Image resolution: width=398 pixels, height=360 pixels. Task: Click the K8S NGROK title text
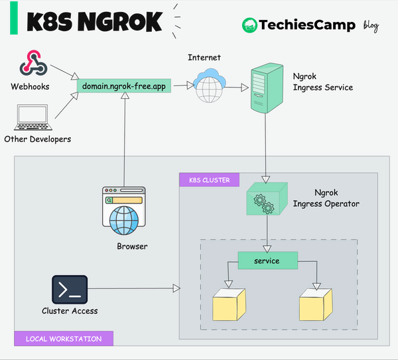click(94, 22)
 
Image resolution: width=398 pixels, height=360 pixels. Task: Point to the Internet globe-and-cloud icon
click(210, 85)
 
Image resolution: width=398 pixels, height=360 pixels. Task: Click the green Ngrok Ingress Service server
click(264, 88)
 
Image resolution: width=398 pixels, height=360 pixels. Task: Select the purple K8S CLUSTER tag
click(209, 180)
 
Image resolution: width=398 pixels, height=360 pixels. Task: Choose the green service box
click(267, 261)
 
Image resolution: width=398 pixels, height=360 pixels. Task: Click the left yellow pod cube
click(229, 303)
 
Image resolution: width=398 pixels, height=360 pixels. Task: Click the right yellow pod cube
click(316, 303)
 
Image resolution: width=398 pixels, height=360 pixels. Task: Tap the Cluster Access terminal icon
click(70, 289)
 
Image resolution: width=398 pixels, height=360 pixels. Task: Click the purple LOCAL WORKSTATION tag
click(64, 339)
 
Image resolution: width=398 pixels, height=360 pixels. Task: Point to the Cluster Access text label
click(70, 311)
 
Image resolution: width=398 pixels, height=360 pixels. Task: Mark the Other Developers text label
click(37, 139)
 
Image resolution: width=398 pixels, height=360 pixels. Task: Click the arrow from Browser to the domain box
click(123, 139)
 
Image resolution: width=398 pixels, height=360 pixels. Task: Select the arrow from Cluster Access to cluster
click(133, 288)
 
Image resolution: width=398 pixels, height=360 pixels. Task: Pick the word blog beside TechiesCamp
click(371, 26)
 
